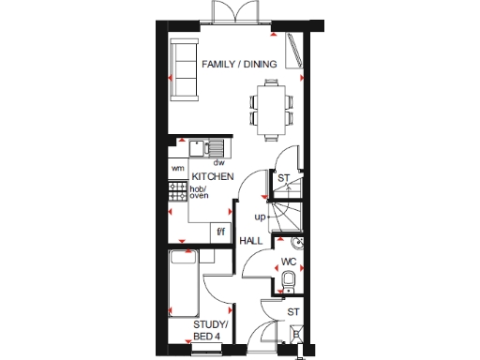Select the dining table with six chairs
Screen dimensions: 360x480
click(x=273, y=101)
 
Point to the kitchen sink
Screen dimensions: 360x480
click(x=204, y=148)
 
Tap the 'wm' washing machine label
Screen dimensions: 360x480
click(x=177, y=169)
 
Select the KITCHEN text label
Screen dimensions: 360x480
click(x=212, y=176)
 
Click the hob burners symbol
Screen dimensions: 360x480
click(x=177, y=190)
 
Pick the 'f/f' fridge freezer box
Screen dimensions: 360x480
click(x=222, y=231)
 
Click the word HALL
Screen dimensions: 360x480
click(x=250, y=241)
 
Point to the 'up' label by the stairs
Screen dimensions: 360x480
click(x=260, y=217)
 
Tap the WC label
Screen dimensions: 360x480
click(x=289, y=262)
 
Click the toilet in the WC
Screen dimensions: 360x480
click(x=289, y=278)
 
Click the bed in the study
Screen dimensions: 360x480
click(x=181, y=283)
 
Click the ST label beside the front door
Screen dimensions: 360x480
click(x=292, y=312)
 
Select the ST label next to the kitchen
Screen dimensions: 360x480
click(x=283, y=177)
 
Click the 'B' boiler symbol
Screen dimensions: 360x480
click(x=296, y=333)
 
